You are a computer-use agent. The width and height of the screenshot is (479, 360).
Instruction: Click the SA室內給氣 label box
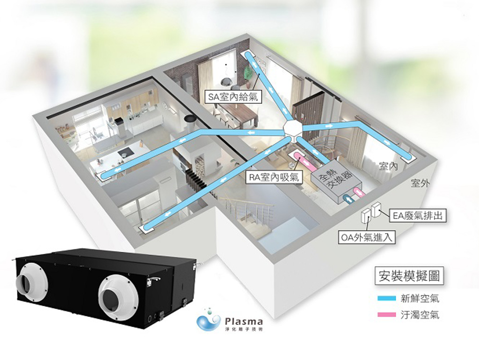point(233,96)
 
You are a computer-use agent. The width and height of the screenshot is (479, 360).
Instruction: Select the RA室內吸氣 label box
point(274,177)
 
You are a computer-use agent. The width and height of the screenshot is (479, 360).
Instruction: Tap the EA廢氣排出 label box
point(417,216)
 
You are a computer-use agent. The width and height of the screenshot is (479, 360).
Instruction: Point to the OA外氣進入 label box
point(367,237)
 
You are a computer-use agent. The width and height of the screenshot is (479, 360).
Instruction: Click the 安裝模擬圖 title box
point(409,276)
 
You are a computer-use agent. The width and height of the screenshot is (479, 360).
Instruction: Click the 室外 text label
point(420,183)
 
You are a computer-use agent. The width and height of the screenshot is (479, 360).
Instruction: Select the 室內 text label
point(388,166)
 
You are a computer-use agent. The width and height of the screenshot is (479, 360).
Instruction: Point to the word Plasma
point(243,322)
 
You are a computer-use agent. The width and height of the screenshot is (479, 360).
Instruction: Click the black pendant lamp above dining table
point(226,81)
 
